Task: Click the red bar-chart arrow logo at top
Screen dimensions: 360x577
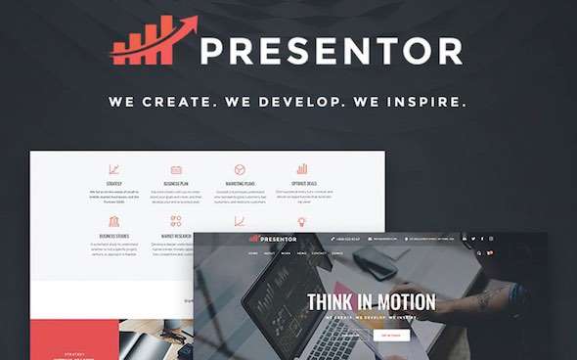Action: tap(155, 42)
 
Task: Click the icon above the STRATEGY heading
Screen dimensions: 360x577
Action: tap(113, 169)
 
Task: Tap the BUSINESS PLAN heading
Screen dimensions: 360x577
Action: tap(176, 183)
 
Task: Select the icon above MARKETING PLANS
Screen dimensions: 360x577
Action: tap(240, 169)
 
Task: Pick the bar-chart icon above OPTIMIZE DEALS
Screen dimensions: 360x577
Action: tap(302, 169)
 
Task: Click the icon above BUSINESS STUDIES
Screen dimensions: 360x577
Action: tap(113, 221)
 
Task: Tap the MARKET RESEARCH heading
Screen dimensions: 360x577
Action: tap(176, 235)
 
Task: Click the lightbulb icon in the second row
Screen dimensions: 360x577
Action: tap(302, 221)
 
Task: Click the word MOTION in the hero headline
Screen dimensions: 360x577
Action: tap(420, 302)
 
